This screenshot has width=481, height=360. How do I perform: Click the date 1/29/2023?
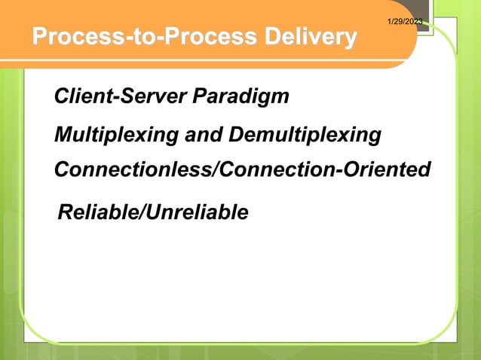(404, 21)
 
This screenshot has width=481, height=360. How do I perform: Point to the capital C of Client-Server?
(62, 97)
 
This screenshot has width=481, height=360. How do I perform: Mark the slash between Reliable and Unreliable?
(142, 213)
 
